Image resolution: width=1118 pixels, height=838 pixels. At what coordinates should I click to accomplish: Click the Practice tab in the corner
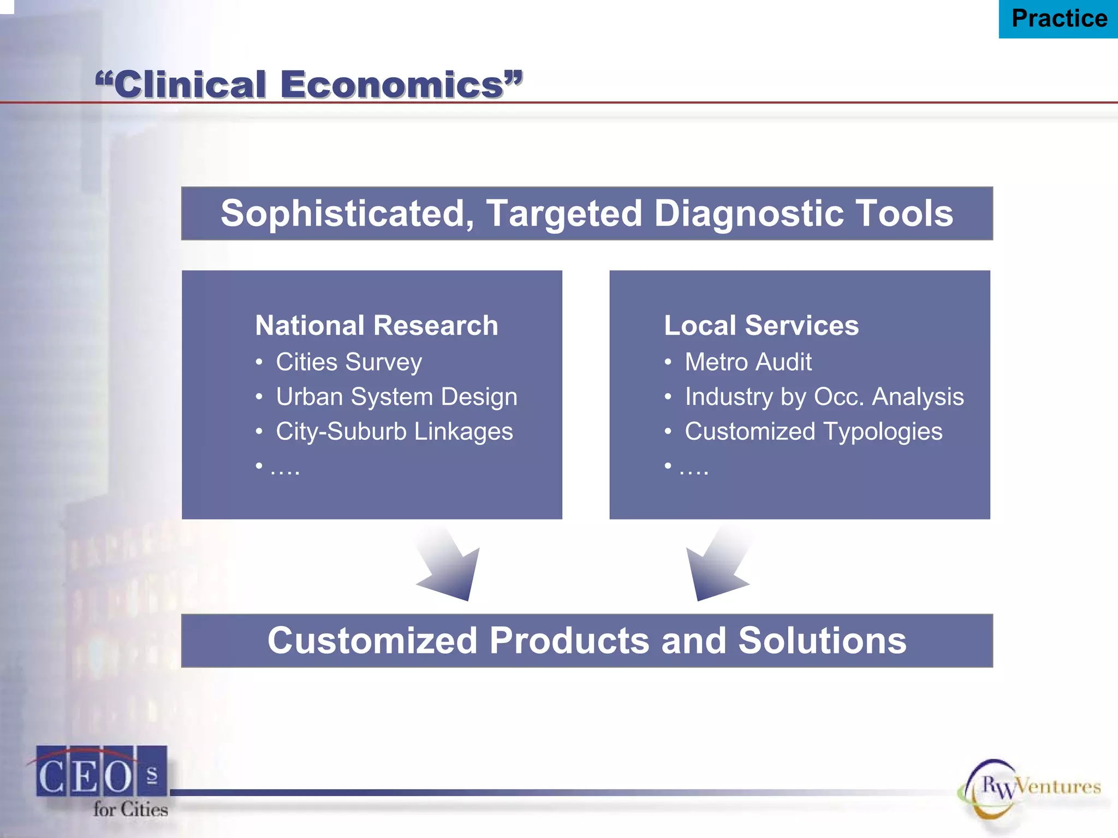tap(1058, 19)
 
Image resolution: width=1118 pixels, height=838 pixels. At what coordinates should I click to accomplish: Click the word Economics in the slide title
tap(391, 85)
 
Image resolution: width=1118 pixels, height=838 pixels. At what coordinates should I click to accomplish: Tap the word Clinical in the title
tap(189, 85)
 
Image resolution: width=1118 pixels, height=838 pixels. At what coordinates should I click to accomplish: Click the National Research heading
tap(377, 326)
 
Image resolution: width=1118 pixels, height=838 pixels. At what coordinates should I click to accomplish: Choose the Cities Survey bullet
tap(348, 362)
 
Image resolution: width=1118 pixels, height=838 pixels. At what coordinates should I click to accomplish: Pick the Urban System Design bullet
tap(396, 397)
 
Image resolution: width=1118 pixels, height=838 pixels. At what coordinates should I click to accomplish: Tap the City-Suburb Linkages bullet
tap(394, 432)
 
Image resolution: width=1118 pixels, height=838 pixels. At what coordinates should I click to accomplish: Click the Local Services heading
tap(761, 326)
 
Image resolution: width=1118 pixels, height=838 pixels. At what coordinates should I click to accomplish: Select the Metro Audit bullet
tap(748, 362)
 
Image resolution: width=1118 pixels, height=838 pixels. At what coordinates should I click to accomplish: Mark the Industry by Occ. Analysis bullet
tap(824, 397)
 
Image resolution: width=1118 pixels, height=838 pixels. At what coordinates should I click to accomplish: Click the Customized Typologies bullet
tap(813, 432)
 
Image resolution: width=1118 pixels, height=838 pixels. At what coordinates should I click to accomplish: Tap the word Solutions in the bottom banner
tap(822, 641)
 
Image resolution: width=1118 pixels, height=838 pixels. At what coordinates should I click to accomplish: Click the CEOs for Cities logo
tap(102, 781)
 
